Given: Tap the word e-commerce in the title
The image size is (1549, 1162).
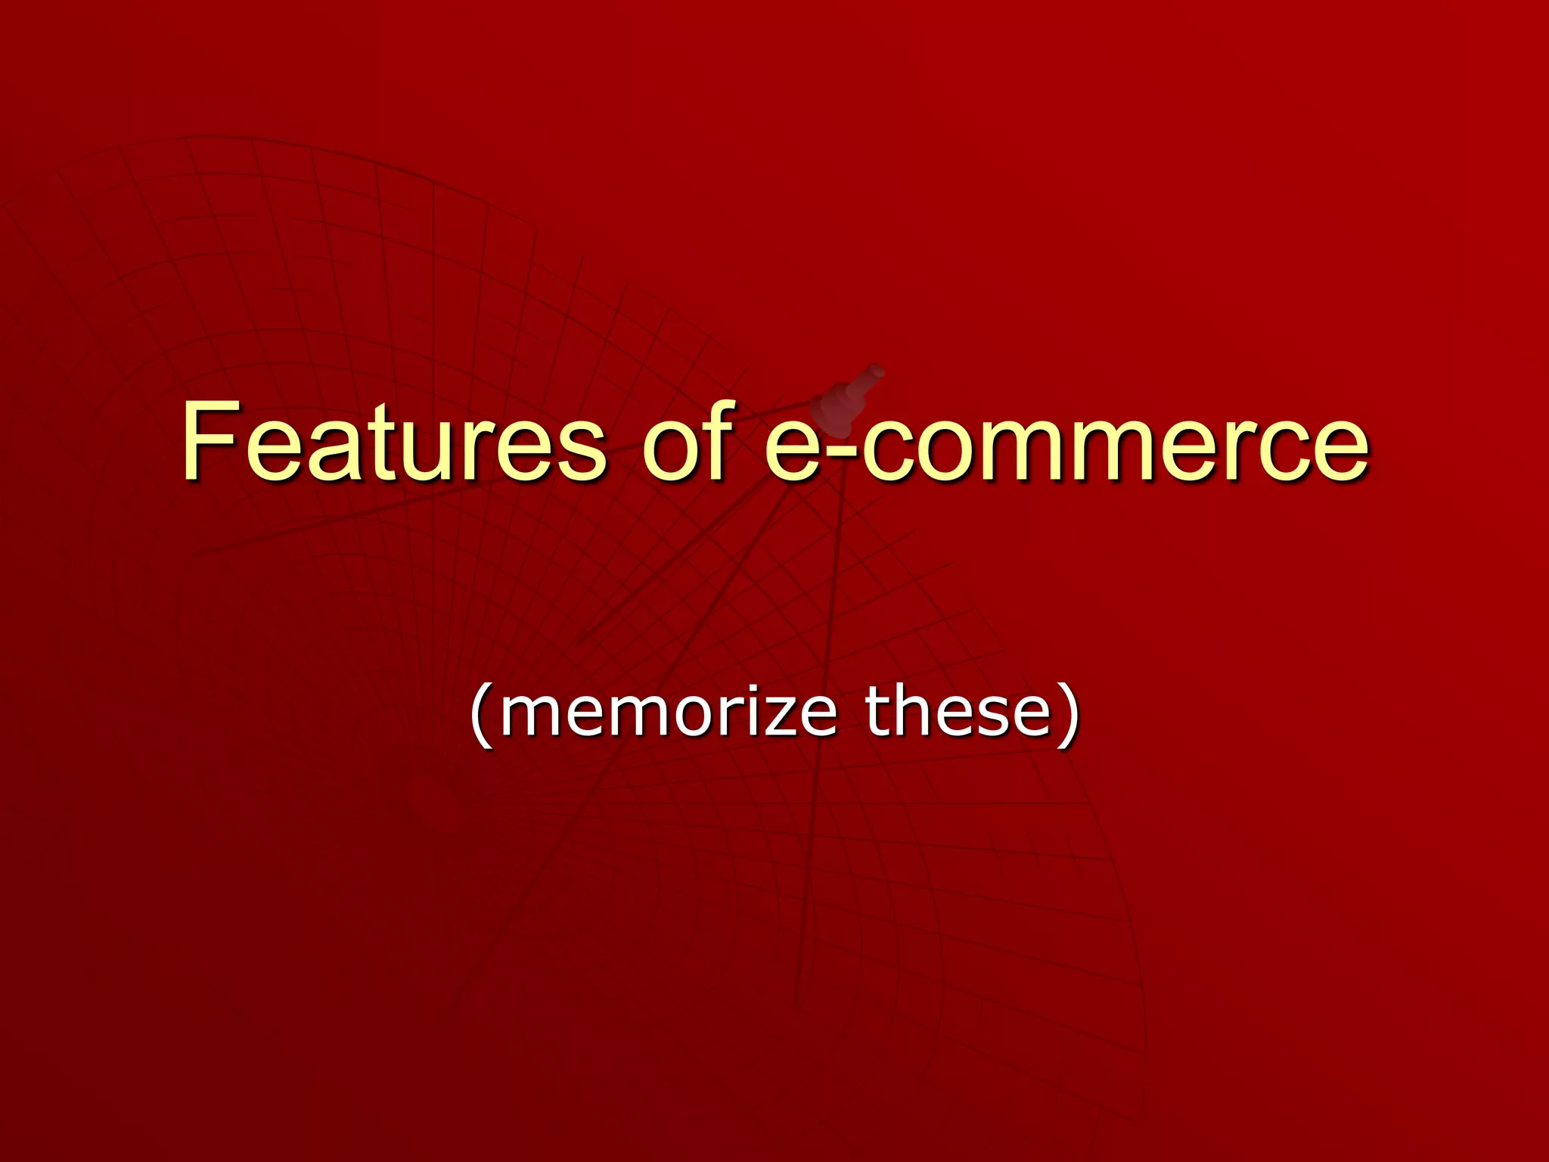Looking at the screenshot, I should point(1066,445).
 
